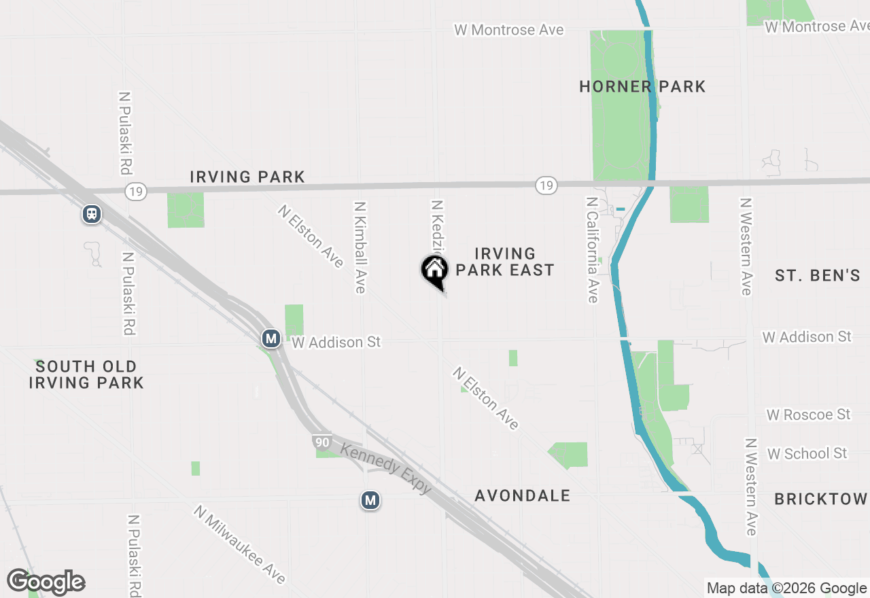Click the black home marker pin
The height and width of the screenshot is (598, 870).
click(x=434, y=272)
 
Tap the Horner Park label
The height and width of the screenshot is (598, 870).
click(x=642, y=86)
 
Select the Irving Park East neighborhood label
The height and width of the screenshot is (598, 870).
click(x=504, y=262)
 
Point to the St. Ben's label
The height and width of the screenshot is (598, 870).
click(x=818, y=275)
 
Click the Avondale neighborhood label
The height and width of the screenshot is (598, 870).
click(x=522, y=496)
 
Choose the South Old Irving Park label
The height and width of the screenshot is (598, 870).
click(x=86, y=374)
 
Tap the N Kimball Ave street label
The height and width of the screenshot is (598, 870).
click(x=360, y=247)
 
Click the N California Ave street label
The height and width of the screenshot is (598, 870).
click(x=592, y=250)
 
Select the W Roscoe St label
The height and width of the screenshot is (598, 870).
click(x=808, y=415)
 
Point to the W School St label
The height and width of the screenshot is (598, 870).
click(x=807, y=453)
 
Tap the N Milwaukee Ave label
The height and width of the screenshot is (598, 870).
click(x=239, y=544)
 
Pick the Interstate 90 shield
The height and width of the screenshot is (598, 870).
click(x=323, y=442)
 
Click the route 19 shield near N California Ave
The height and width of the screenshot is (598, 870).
click(x=546, y=185)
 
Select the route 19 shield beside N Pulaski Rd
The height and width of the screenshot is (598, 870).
click(x=135, y=192)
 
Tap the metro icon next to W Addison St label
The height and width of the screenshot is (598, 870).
click(x=271, y=338)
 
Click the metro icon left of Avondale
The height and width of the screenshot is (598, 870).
click(x=370, y=501)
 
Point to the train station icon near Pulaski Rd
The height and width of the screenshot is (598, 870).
click(x=91, y=214)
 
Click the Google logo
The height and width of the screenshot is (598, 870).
click(x=46, y=582)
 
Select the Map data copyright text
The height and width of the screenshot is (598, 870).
click(x=786, y=588)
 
